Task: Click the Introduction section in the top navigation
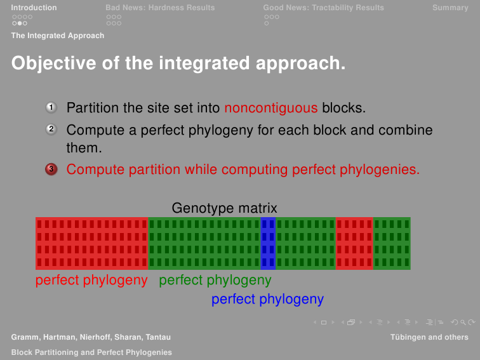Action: point(34,8)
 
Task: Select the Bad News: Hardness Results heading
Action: point(160,8)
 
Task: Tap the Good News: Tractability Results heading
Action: point(324,8)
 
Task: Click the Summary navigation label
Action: point(450,8)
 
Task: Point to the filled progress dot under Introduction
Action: point(20,23)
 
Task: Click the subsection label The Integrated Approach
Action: point(58,36)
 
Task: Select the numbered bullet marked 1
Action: point(51,107)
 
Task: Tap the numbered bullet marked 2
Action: point(51,130)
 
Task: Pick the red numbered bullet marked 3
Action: point(51,169)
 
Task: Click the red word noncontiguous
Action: point(271,108)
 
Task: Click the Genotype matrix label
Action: point(224,208)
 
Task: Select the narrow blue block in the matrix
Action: point(268,243)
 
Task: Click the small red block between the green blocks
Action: point(354,243)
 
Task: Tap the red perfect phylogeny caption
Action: point(91,280)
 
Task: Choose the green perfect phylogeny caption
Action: point(215,280)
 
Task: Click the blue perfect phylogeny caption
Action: point(267,299)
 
